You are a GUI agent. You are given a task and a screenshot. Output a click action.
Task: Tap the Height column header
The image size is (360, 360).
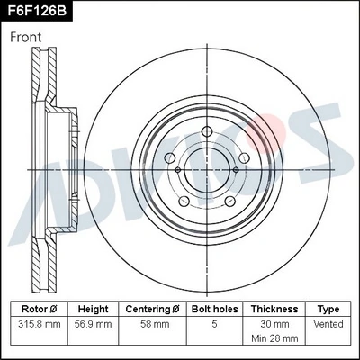pyautogui.click(x=93, y=309)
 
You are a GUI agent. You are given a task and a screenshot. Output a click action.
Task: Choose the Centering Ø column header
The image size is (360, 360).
pyautogui.click(x=153, y=309)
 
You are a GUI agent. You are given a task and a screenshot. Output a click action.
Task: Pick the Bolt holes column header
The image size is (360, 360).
pyautogui.click(x=213, y=309)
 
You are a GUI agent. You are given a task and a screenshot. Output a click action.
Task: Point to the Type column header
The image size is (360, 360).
pyautogui.click(x=328, y=309)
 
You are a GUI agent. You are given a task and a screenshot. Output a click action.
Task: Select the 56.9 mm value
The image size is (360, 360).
pyautogui.click(x=93, y=323)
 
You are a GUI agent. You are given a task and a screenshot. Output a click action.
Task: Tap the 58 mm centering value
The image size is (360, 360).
pyautogui.click(x=153, y=323)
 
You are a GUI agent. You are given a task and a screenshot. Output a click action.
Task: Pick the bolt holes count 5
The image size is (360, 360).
pyautogui.click(x=213, y=323)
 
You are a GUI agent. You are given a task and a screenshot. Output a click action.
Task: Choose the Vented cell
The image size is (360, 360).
pyautogui.click(x=328, y=323)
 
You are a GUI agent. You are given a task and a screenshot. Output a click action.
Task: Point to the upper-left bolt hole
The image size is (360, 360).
pyautogui.click(x=174, y=158)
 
